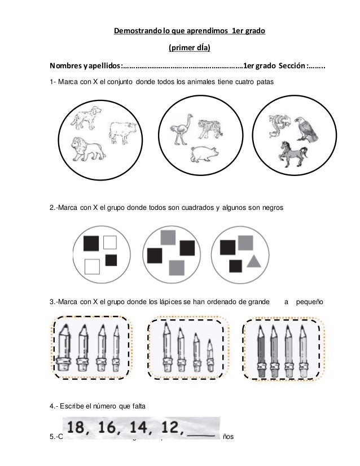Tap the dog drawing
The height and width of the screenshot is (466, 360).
click(x=84, y=116)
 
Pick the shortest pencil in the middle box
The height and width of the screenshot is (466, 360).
click(x=210, y=356)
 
